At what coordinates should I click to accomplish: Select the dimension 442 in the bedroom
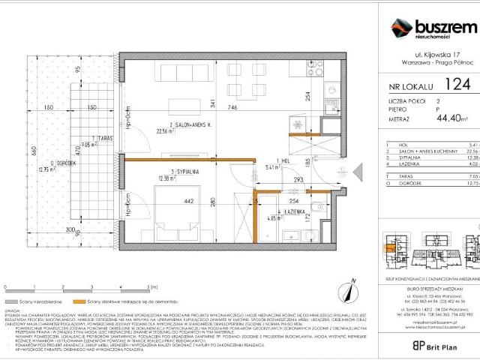tap(169, 200)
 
